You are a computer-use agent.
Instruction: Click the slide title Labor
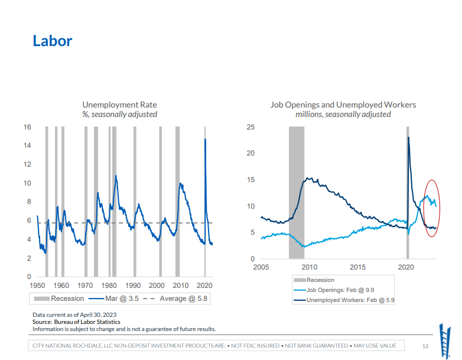pos(53,41)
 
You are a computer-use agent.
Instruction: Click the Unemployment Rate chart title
pos(119,105)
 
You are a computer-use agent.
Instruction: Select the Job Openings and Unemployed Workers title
pos(343,105)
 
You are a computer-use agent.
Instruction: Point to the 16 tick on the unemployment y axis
pos(27,127)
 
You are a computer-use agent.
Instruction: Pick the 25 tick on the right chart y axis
pos(250,127)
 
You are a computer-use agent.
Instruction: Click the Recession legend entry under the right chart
pos(320,280)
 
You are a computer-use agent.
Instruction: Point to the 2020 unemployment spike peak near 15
pos(205,140)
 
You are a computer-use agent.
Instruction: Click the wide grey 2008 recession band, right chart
pos(296,193)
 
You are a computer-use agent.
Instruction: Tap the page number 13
pos(425,346)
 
